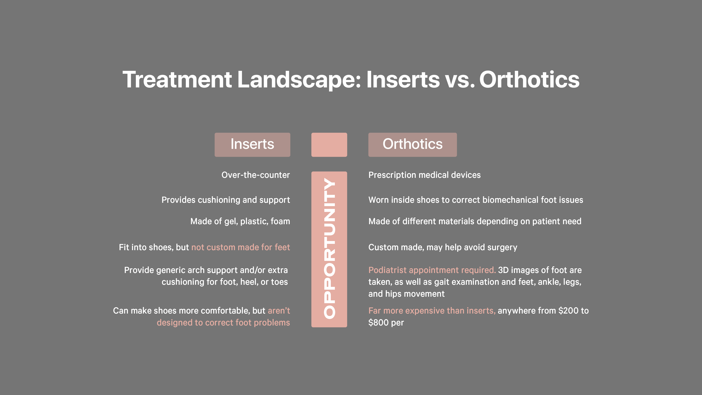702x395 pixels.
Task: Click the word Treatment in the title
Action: [x=177, y=80]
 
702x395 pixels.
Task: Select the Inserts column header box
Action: [x=252, y=145]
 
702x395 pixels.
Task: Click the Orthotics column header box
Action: [x=413, y=145]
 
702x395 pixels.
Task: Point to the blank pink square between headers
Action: [x=329, y=145]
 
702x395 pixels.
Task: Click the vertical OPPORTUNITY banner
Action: [x=329, y=249]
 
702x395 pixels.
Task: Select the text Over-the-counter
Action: [x=256, y=175]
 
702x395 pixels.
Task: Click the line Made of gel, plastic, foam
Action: [x=240, y=221]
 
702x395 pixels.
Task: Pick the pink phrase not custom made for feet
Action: [x=241, y=247]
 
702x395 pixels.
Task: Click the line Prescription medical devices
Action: [x=425, y=175]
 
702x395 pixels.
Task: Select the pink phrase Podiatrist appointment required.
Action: [x=432, y=270]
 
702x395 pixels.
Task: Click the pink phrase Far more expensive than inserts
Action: [x=432, y=311]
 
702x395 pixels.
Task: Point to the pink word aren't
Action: [x=279, y=311]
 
